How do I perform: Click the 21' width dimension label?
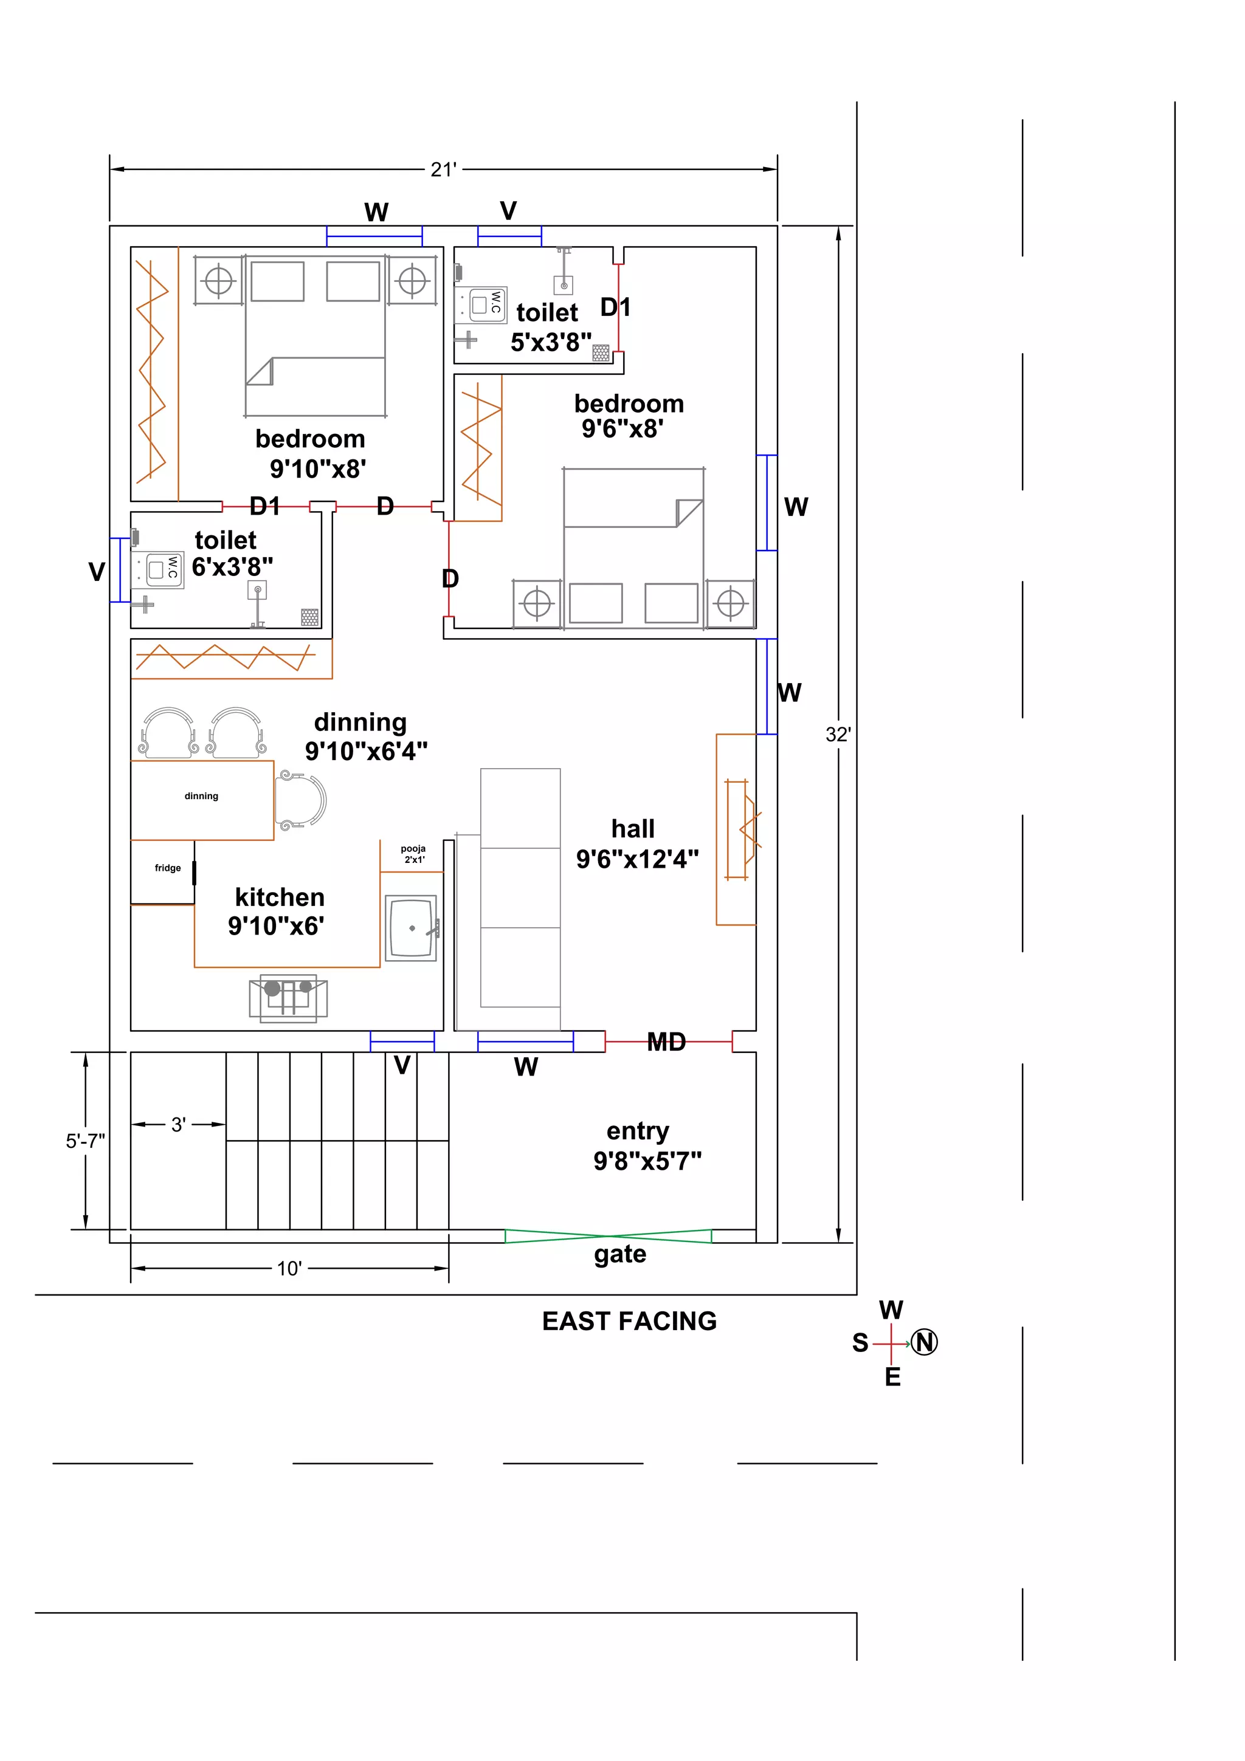(x=443, y=170)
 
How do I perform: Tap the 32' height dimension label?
(x=838, y=734)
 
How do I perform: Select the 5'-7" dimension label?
(x=85, y=1141)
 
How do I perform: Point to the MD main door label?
(x=666, y=1042)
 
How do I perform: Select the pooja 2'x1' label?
(x=413, y=854)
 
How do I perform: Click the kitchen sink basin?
(x=410, y=928)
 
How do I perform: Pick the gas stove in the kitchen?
(x=288, y=998)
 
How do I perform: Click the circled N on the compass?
(x=925, y=1342)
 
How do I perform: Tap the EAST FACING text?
(x=629, y=1321)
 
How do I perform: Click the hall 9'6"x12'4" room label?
(x=636, y=843)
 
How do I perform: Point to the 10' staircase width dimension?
(x=289, y=1268)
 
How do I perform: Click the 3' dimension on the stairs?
(x=178, y=1124)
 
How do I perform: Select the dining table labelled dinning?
(x=202, y=800)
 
